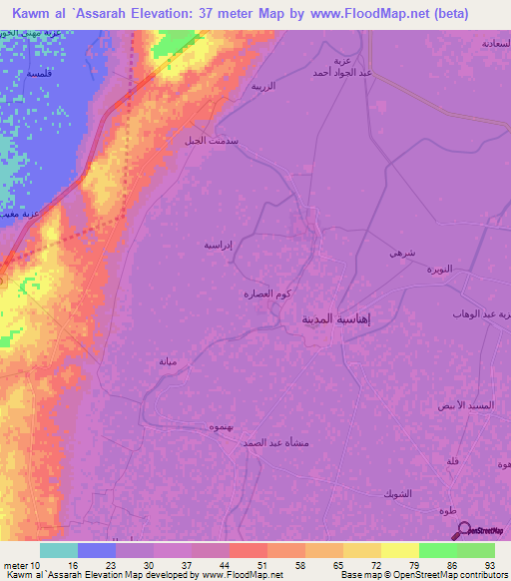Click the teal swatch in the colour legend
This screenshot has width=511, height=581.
(59, 550)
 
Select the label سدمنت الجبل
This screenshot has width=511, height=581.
(208, 140)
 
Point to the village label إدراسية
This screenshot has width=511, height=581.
(219, 243)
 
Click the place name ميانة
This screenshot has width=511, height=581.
(167, 361)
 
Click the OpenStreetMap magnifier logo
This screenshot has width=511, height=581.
(463, 530)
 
